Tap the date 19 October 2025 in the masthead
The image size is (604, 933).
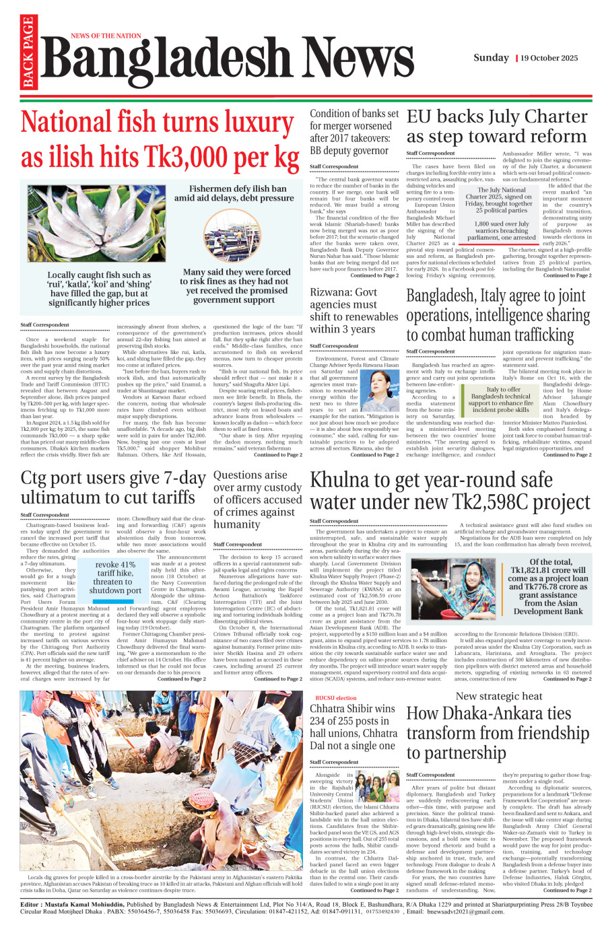[549, 58]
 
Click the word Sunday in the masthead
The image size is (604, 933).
[491, 58]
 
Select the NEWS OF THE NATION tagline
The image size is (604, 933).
[106, 36]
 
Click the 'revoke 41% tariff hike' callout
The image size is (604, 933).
[115, 578]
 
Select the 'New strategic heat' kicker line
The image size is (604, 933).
[499, 696]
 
